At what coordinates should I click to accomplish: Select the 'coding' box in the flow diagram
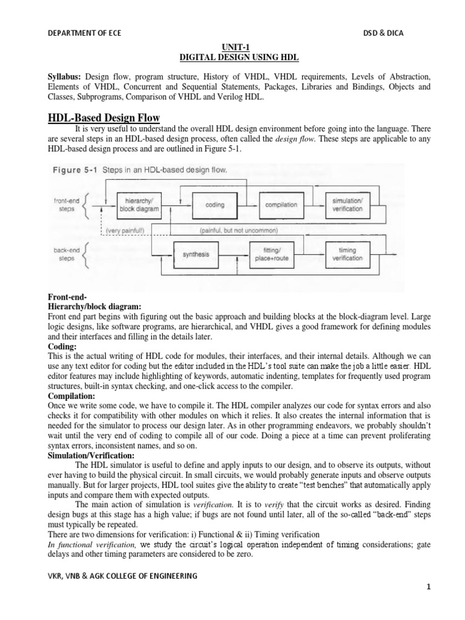215,205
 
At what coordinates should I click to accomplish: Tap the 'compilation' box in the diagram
280,205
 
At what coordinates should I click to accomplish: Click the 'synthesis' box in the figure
195,254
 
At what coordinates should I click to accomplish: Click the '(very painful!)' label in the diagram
124,231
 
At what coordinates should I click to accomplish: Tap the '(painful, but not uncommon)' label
237,231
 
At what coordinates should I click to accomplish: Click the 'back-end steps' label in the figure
67,253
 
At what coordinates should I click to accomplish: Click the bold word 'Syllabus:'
65,77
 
